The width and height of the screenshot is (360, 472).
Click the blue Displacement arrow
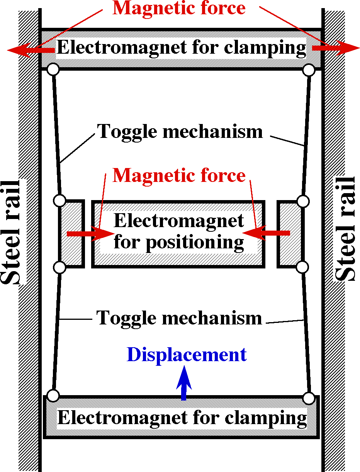184,382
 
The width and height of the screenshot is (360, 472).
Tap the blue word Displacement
186,355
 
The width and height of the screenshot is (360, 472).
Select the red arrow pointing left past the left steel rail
29,49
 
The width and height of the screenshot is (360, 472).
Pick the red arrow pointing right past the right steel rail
336,48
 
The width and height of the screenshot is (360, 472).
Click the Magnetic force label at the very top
179,8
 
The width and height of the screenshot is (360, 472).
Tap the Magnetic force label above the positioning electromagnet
179,176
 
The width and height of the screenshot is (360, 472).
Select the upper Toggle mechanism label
180,131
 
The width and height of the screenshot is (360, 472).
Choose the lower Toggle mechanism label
180,318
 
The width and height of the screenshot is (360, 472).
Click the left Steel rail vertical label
12,232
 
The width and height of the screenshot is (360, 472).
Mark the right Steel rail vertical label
345,229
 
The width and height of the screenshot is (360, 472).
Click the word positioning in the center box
195,243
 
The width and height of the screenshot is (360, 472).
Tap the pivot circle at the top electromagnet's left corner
53,70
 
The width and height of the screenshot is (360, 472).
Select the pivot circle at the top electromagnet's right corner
308,70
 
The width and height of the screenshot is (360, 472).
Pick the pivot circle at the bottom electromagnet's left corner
53,396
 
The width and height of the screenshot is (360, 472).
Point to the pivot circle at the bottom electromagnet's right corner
308,397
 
